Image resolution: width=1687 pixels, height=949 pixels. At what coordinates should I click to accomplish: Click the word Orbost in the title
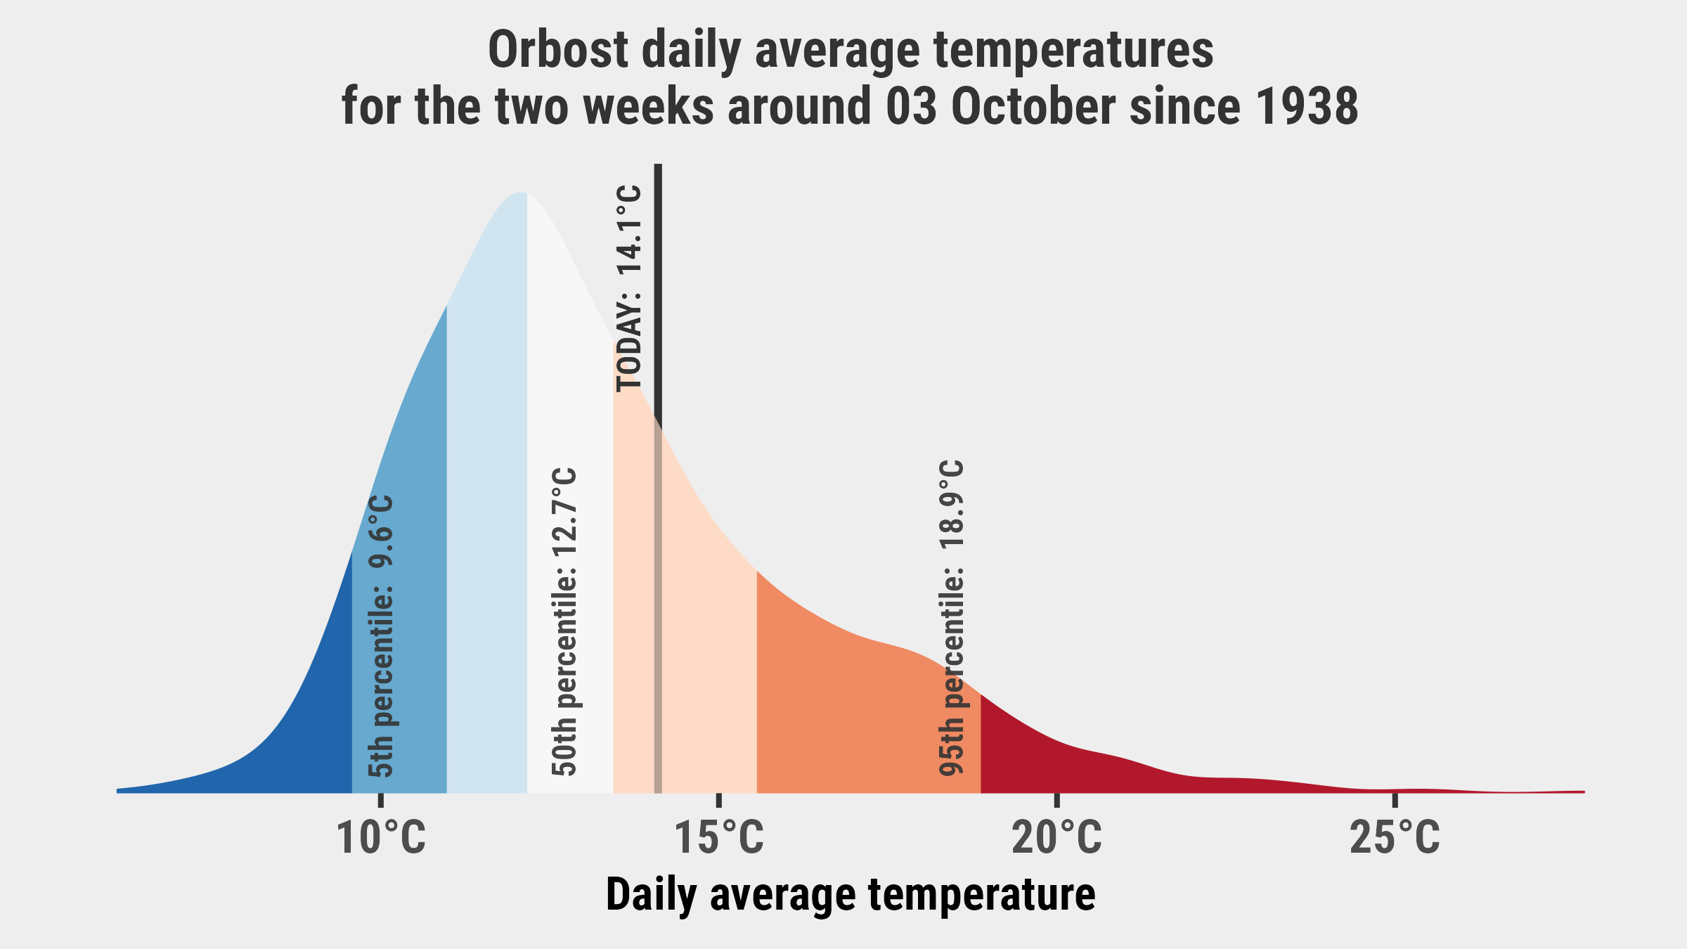(557, 51)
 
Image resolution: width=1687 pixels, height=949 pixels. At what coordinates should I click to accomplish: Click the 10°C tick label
(381, 838)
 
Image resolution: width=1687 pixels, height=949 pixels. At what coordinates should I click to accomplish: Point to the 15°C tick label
(718, 838)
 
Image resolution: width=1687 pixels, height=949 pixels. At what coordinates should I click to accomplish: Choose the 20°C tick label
(1056, 838)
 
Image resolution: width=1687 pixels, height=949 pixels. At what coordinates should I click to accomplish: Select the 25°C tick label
(1395, 838)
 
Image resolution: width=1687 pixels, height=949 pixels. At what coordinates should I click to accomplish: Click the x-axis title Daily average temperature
(851, 895)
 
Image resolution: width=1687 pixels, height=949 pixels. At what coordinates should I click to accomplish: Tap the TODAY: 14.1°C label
(629, 288)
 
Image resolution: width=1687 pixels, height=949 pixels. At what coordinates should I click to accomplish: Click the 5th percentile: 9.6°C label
(381, 636)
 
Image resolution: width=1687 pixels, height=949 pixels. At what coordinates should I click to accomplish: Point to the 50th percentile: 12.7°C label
(564, 622)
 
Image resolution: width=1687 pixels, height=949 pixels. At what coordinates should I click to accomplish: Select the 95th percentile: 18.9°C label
(952, 619)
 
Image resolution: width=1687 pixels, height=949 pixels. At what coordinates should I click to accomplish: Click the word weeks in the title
(648, 107)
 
